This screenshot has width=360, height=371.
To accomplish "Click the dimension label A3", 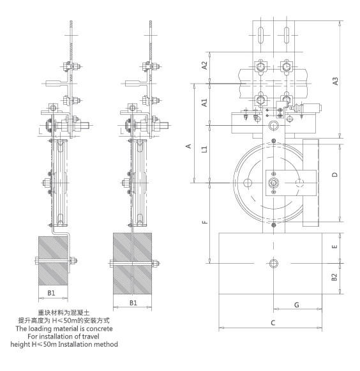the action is [x=335, y=81].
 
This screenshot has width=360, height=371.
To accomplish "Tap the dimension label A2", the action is [x=204, y=65].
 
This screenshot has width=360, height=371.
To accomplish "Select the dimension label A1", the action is [x=204, y=102].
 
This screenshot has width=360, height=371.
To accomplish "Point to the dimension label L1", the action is [x=204, y=149].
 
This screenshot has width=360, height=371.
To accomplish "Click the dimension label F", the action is [x=205, y=222].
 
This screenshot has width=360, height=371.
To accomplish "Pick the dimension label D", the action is [x=335, y=174].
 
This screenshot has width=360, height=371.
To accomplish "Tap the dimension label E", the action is [x=334, y=246].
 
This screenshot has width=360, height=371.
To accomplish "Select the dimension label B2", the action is [x=334, y=277].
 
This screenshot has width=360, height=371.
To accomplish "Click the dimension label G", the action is [x=296, y=305].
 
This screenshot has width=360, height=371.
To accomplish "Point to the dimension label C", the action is [x=273, y=322].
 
